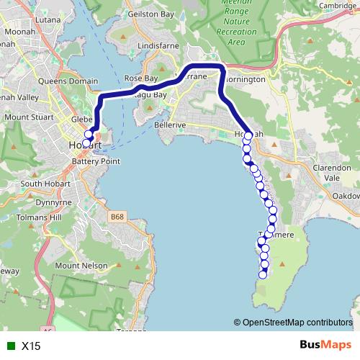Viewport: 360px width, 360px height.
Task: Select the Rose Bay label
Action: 140,78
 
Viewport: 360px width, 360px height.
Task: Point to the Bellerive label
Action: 170,125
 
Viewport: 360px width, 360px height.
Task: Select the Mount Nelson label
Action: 78,266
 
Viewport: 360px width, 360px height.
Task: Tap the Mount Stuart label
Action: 27,117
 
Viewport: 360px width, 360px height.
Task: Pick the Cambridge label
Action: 338,6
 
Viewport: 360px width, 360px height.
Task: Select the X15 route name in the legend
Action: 31,346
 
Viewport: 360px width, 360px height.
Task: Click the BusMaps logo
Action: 325,345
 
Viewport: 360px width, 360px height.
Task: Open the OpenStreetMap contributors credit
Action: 297,322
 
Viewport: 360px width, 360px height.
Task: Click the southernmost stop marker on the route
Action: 264,274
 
